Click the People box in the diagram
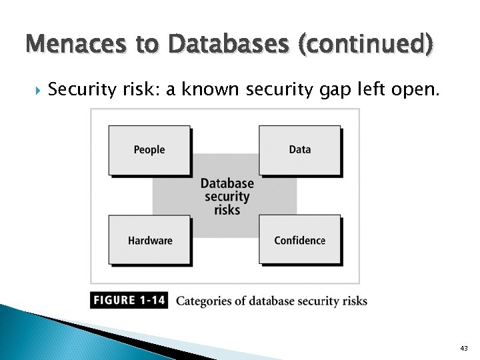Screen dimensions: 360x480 click(149, 150)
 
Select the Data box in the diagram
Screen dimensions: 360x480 click(300, 150)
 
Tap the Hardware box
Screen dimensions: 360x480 click(150, 241)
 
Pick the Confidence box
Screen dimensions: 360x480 click(300, 241)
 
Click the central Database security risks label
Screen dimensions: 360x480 click(227, 197)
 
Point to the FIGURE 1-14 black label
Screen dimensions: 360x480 click(129, 301)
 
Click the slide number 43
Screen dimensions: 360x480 click(464, 348)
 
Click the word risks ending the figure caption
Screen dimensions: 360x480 click(354, 301)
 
